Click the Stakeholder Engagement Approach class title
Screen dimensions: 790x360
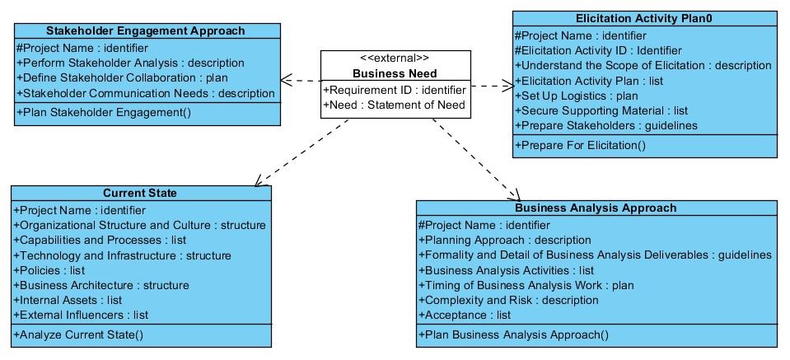[x=146, y=30]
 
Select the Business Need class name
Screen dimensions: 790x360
[x=395, y=73]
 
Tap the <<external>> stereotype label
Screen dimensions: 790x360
[x=395, y=58]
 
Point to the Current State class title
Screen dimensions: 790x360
[x=140, y=194]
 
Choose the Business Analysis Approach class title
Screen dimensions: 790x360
[x=596, y=208]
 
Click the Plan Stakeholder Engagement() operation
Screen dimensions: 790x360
[x=104, y=113]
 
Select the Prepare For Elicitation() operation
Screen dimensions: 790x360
[x=580, y=146]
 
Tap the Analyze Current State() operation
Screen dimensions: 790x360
[x=78, y=334]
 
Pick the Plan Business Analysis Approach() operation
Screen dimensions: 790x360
[x=514, y=334]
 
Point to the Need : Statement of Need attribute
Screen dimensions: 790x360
[x=394, y=105]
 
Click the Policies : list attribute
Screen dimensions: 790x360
[x=49, y=270]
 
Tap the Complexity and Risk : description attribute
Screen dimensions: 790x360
[x=508, y=301]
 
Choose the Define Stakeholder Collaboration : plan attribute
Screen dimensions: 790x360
[x=122, y=78]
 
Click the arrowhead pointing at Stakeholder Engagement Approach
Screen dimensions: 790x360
[x=286, y=80]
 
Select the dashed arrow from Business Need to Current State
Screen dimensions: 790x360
[x=302, y=152]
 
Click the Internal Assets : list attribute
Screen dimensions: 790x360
[x=68, y=301]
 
